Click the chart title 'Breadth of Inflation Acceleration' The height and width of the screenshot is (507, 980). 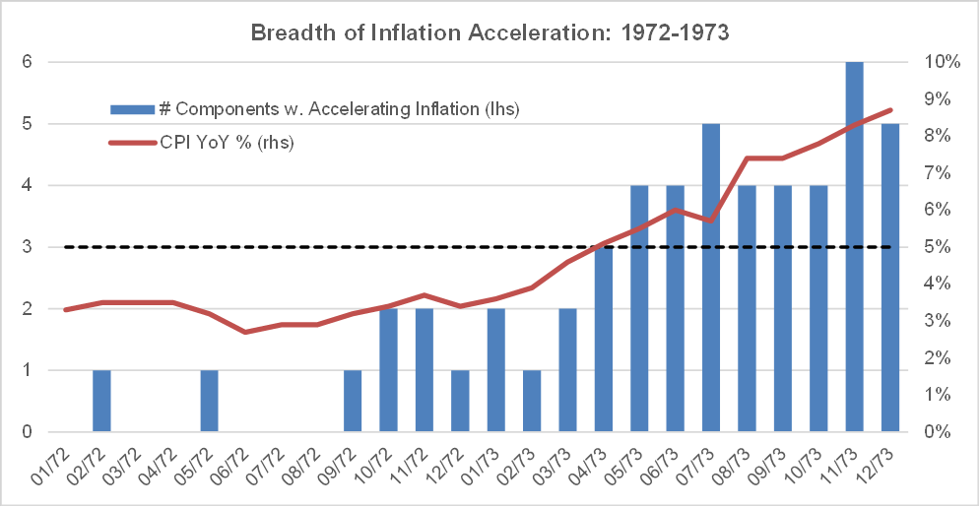click(490, 32)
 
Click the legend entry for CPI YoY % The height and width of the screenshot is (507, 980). click(227, 142)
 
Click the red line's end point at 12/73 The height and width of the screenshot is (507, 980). click(889, 110)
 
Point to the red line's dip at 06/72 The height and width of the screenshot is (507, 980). click(244, 332)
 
